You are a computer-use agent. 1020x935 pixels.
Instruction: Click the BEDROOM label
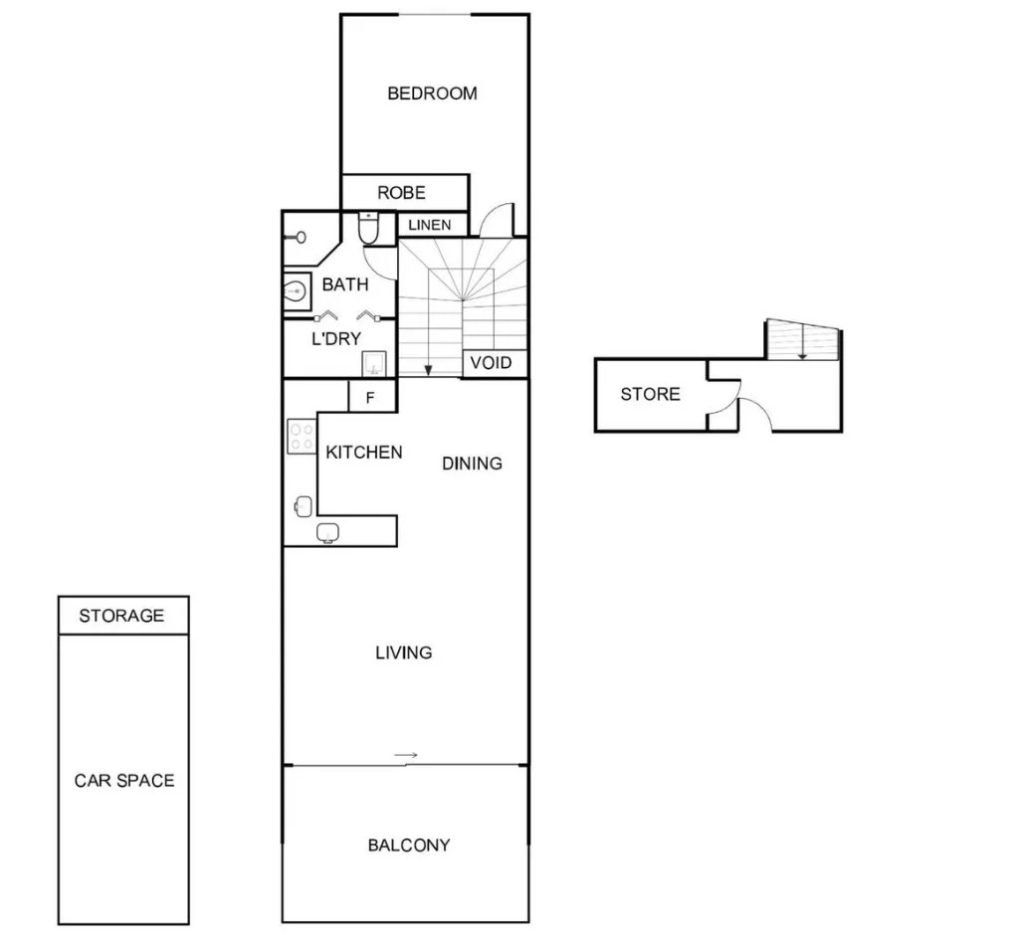432,93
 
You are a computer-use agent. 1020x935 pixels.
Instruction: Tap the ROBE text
401,193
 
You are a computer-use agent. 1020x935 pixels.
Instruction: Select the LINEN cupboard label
429,226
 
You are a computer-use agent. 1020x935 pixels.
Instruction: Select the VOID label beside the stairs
491,362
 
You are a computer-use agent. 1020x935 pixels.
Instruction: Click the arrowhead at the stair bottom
428,370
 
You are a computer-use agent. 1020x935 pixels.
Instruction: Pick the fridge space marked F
370,398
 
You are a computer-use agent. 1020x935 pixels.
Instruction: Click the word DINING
472,464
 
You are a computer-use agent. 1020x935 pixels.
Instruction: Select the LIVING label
403,654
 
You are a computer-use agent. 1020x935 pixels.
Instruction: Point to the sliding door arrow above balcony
405,756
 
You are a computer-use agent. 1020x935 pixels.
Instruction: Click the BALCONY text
409,845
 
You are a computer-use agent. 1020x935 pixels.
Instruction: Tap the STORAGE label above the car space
121,616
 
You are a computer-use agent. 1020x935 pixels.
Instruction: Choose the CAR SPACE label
123,781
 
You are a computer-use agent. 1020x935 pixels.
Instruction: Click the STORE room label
650,395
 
